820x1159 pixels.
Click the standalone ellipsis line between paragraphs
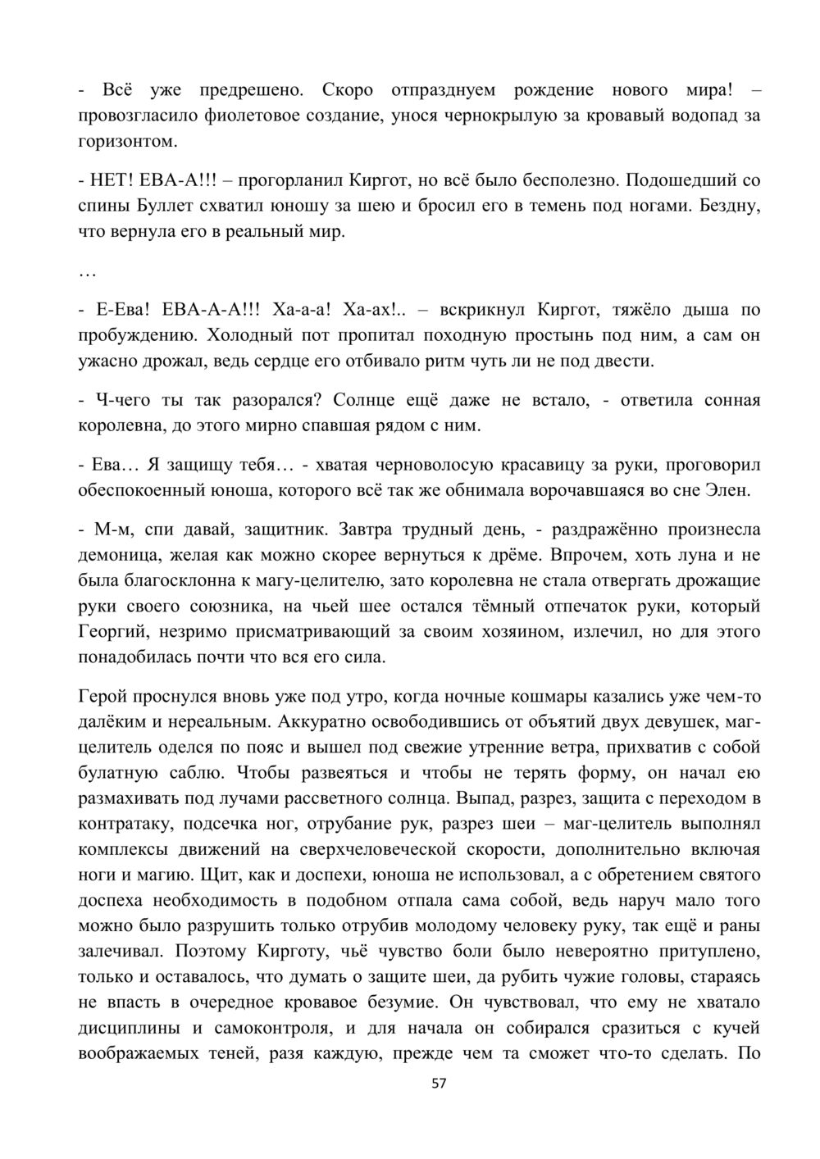tap(87, 271)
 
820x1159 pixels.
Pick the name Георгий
tap(114, 632)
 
